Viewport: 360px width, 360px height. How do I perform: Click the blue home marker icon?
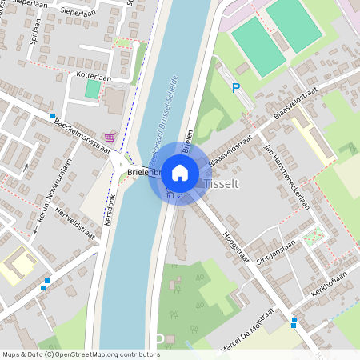click(x=180, y=172)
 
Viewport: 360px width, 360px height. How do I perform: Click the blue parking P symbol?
click(x=236, y=88)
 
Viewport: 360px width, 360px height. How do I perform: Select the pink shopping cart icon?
click(x=110, y=137)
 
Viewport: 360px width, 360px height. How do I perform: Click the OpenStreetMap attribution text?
click(x=80, y=354)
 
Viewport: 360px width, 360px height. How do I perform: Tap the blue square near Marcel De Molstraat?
click(x=294, y=322)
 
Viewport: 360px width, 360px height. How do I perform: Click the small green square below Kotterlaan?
click(x=93, y=89)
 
